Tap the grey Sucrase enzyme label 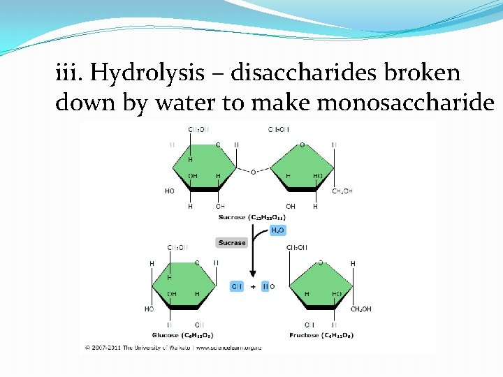tap(231, 243)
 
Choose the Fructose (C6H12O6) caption tap(321, 335)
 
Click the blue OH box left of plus tap(238, 286)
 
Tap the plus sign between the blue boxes tap(252, 286)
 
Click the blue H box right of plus tap(265, 286)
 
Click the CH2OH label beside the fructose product tap(360, 309)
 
